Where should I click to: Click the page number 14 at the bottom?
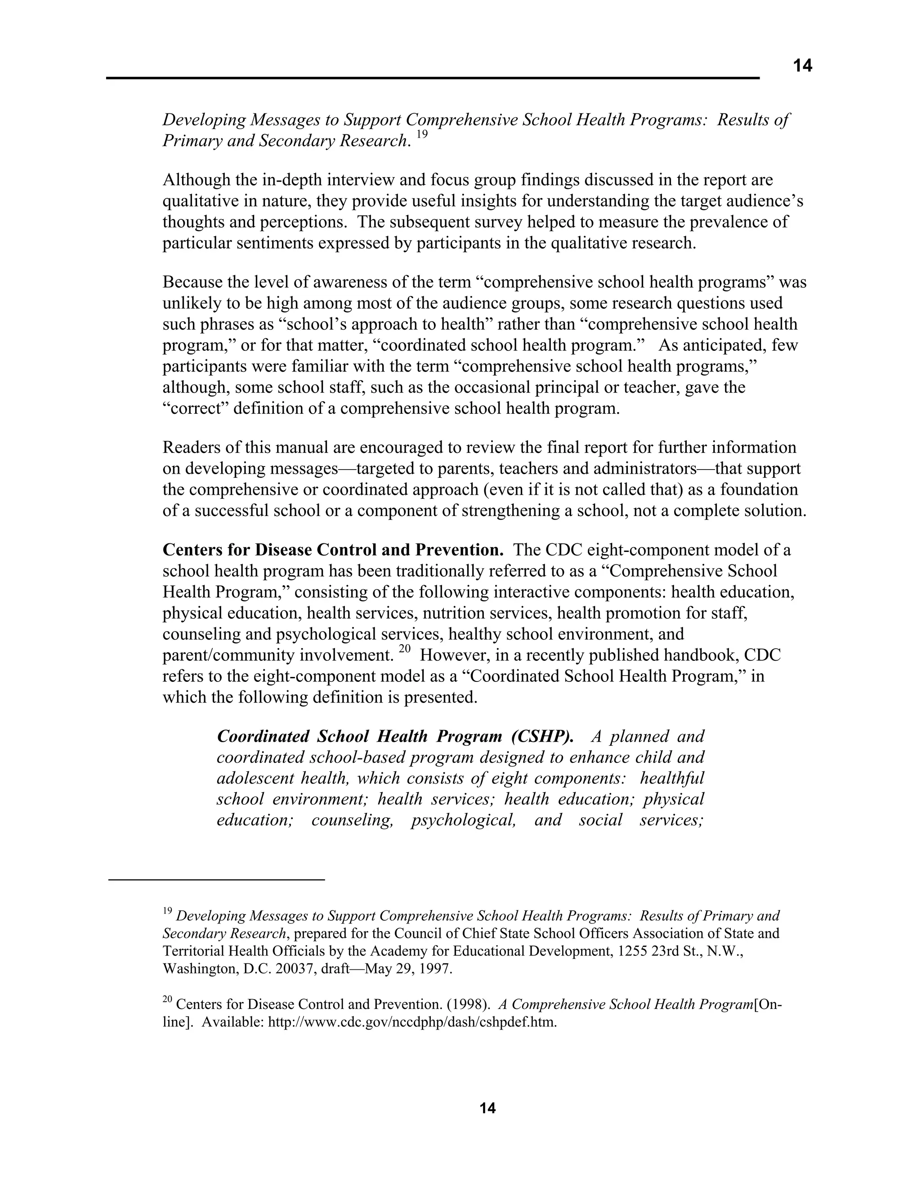[x=487, y=1108]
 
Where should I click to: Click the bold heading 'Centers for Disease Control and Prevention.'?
[x=333, y=550]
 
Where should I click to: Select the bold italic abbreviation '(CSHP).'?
[x=542, y=736]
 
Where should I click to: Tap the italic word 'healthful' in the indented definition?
[x=672, y=778]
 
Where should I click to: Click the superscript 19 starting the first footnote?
[x=167, y=911]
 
